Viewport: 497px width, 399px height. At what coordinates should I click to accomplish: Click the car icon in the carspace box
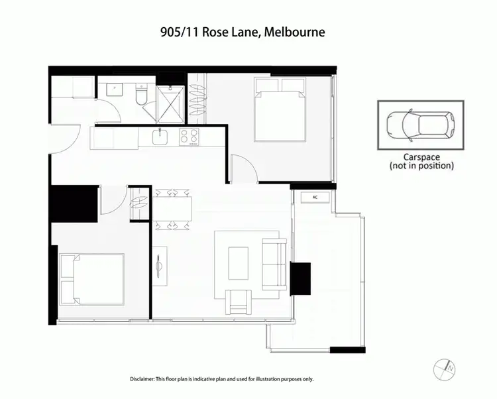pyautogui.click(x=420, y=125)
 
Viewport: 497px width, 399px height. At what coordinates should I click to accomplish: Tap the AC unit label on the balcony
pyautogui.click(x=315, y=198)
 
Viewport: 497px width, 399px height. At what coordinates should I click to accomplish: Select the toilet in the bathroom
pyautogui.click(x=141, y=97)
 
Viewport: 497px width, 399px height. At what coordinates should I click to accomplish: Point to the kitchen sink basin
pyautogui.click(x=160, y=137)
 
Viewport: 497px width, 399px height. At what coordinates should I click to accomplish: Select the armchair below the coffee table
pyautogui.click(x=239, y=302)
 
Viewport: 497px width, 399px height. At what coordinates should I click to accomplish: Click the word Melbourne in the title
pyautogui.click(x=294, y=32)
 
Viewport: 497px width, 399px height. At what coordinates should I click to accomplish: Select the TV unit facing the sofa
pyautogui.click(x=160, y=266)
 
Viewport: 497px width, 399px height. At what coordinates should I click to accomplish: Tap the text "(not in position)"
pyautogui.click(x=421, y=166)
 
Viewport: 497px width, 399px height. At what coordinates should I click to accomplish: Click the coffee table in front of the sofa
pyautogui.click(x=239, y=264)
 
